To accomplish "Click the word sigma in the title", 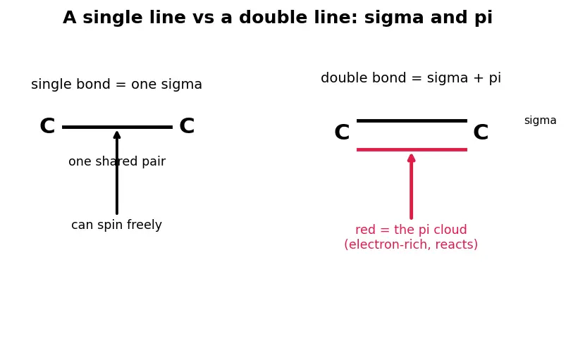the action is pyautogui.click(x=394, y=18).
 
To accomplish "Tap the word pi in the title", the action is pyautogui.click(x=484, y=18).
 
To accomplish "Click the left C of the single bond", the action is pyautogui.click(x=47, y=126).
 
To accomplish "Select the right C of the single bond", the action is pyautogui.click(x=187, y=126).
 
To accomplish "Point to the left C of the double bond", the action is pyautogui.click(x=342, y=132).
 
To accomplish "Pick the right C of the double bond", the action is pyautogui.click(x=481, y=132).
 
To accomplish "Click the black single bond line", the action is pyautogui.click(x=117, y=127).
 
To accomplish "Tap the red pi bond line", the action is pyautogui.click(x=412, y=149).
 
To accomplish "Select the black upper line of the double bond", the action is pyautogui.click(x=412, y=121).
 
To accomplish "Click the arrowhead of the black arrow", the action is pyautogui.click(x=117, y=135).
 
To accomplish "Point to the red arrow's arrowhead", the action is pyautogui.click(x=411, y=158).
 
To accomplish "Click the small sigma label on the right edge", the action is pyautogui.click(x=541, y=120).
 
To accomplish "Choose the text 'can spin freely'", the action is pyautogui.click(x=116, y=225).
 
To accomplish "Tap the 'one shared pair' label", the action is pyautogui.click(x=117, y=161).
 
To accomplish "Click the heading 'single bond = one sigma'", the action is pyautogui.click(x=116, y=85).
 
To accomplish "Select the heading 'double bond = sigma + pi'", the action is pyautogui.click(x=411, y=78).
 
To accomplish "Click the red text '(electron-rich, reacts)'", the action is pyautogui.click(x=411, y=244).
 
